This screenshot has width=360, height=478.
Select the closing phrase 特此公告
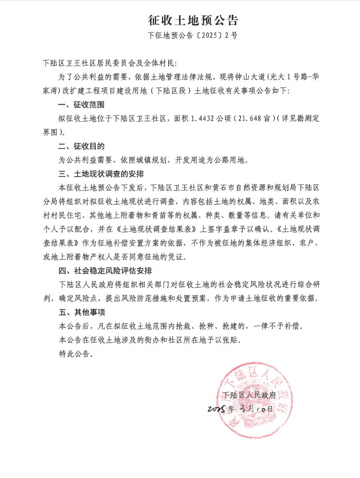pyautogui.click(x=75, y=354)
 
